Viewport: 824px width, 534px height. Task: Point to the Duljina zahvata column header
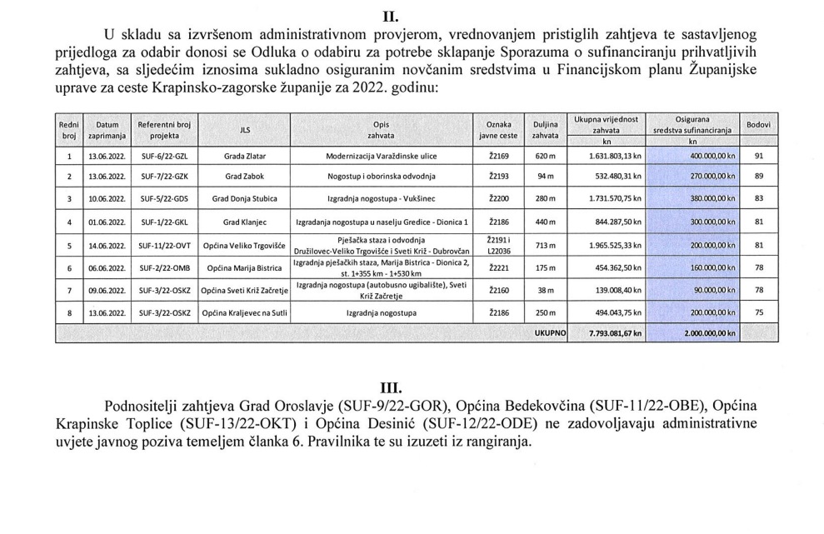click(x=545, y=130)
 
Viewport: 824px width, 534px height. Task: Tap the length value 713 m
click(x=545, y=246)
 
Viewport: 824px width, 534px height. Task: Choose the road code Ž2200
click(x=497, y=200)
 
